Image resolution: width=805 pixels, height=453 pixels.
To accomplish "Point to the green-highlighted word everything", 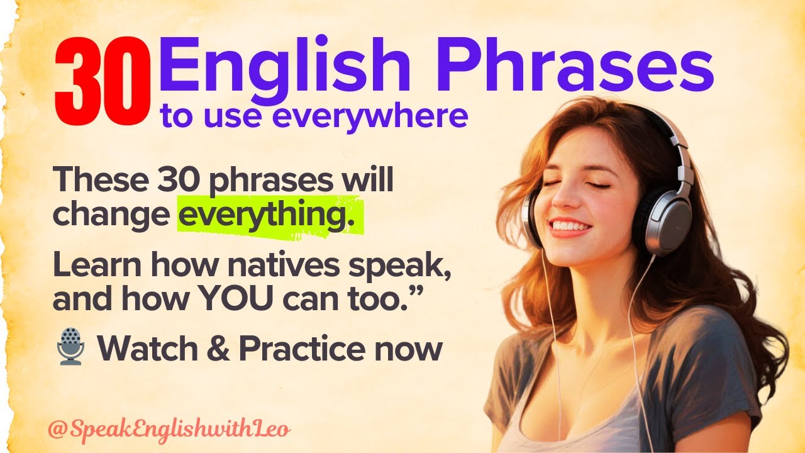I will coord(270,216).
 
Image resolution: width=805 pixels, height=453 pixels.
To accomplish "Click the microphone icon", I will coord(70,349).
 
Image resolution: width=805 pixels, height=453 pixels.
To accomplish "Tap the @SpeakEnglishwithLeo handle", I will coord(169,430).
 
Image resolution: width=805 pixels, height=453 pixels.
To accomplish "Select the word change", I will coord(111,215).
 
